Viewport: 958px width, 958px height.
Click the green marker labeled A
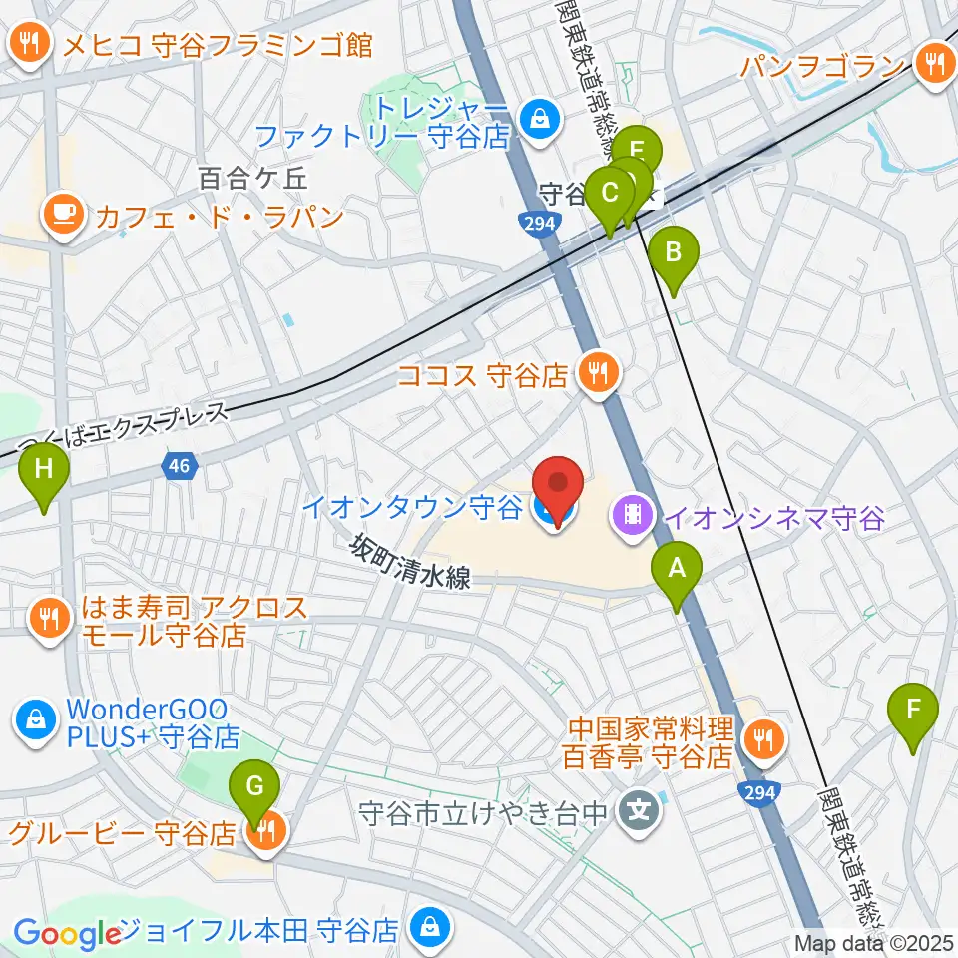click(677, 571)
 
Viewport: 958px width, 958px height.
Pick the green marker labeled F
click(913, 711)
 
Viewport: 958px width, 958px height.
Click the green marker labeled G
click(254, 788)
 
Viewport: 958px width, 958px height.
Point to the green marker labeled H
click(44, 469)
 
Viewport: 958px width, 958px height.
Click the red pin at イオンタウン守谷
click(559, 490)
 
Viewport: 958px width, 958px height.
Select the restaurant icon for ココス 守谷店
click(599, 374)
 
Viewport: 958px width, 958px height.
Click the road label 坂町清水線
click(409, 564)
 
